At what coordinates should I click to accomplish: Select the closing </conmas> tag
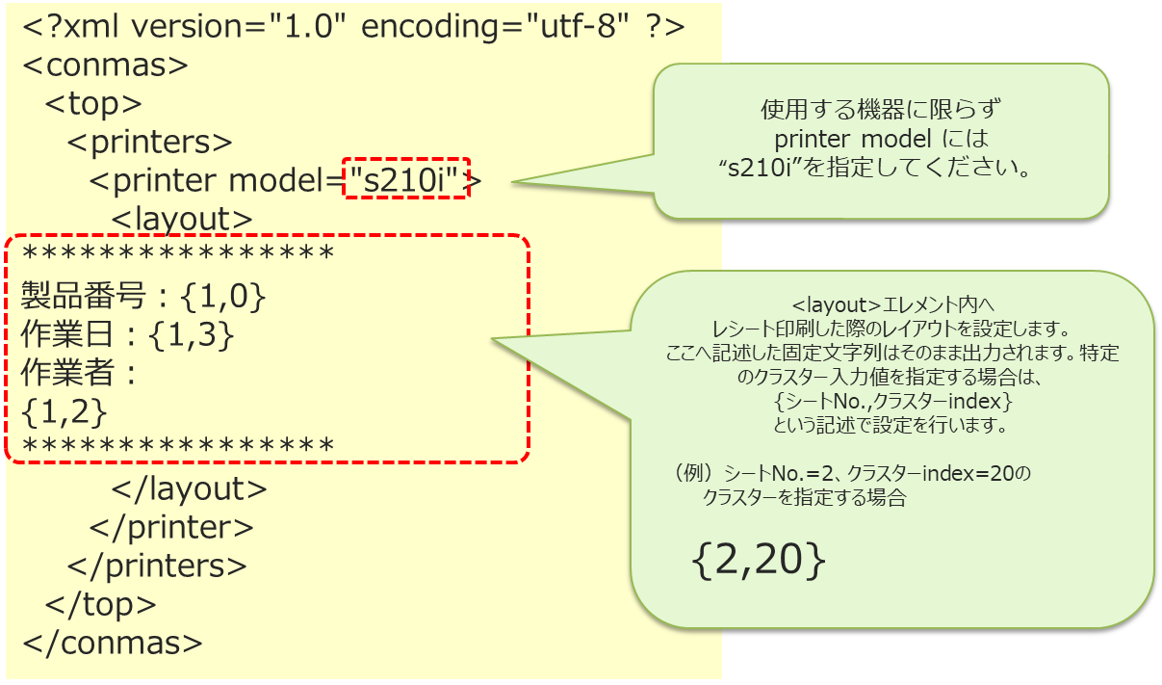click(x=113, y=643)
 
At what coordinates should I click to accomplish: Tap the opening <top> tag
click(x=93, y=104)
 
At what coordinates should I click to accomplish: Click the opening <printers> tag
click(x=149, y=143)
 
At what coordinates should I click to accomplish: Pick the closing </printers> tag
click(x=157, y=566)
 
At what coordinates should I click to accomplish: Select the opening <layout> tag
click(x=182, y=219)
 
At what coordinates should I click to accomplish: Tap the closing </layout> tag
click(x=190, y=488)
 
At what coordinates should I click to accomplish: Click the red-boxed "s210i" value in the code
click(x=406, y=179)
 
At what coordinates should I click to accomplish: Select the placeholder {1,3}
click(x=192, y=335)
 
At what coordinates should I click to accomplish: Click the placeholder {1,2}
click(x=64, y=411)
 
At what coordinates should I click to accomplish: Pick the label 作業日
click(x=60, y=335)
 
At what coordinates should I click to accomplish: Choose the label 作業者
click(x=60, y=374)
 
